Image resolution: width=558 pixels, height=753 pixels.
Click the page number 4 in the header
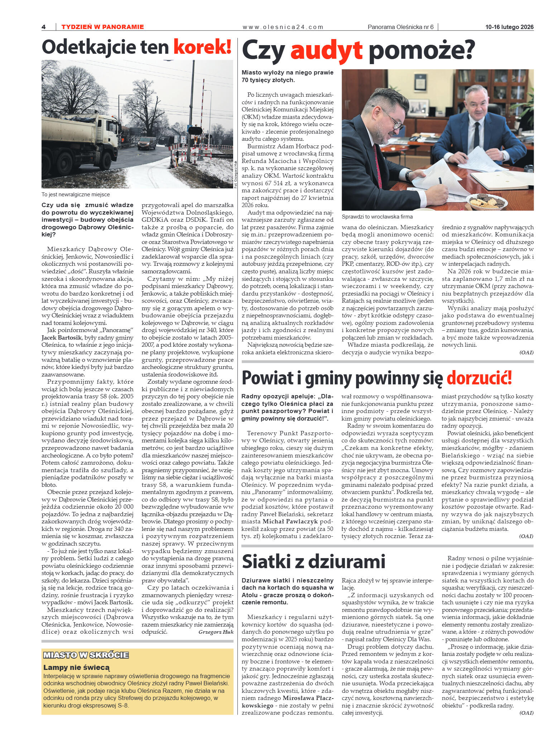[x=44, y=27]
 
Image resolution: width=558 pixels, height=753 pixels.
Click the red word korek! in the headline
[x=202, y=47]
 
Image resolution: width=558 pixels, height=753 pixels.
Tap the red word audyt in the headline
[x=326, y=51]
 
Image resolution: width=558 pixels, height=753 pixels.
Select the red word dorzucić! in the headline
[x=479, y=378]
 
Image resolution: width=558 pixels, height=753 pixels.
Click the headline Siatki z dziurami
[x=313, y=561]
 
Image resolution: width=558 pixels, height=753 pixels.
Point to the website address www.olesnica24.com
[x=283, y=27]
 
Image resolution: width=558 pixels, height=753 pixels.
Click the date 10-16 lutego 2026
[x=509, y=27]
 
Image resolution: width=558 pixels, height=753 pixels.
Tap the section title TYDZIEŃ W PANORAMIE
[x=102, y=27]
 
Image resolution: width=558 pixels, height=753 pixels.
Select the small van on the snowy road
[x=147, y=143]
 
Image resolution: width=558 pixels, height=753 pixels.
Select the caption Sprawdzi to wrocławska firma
[x=377, y=217]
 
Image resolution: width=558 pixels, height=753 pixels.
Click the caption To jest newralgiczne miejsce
[x=76, y=195]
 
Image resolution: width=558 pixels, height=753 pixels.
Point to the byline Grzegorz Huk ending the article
[x=216, y=632]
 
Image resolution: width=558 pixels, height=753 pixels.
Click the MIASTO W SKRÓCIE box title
[x=86, y=655]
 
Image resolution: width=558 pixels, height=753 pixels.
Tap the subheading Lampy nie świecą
[x=77, y=667]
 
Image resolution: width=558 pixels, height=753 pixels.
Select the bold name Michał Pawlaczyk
[x=290, y=521]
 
